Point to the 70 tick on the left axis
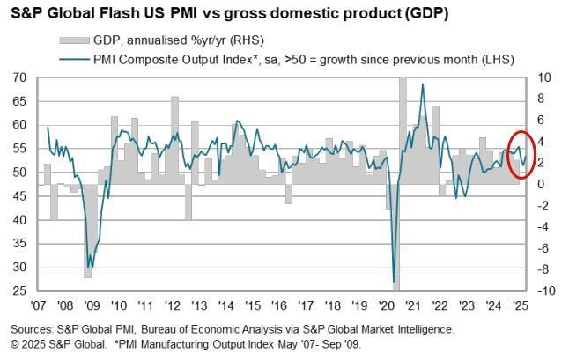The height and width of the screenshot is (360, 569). [18, 77]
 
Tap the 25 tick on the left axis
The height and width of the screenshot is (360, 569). [18, 290]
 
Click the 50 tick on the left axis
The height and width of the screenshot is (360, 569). [18, 172]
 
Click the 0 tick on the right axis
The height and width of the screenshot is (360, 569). [543, 184]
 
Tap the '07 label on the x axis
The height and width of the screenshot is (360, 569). [39, 307]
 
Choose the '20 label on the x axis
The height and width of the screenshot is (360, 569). [388, 307]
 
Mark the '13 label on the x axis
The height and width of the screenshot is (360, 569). [200, 307]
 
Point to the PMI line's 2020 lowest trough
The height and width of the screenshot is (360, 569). [393, 282]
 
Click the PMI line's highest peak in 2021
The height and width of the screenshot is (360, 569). [423, 84]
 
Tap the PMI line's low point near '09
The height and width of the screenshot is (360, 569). [88, 267]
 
